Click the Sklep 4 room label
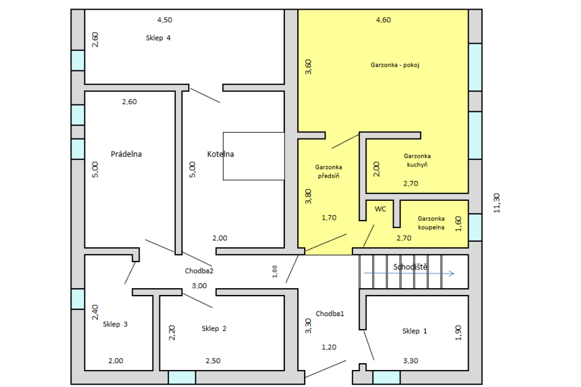[158, 38]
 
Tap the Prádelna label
[126, 154]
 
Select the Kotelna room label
[221, 154]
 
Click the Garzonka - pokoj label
[395, 65]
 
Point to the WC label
[380, 209]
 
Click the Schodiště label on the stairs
[410, 267]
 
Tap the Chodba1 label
[330, 314]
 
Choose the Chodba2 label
[199, 271]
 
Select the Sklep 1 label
[415, 331]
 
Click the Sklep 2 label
[214, 329]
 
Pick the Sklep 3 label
[115, 324]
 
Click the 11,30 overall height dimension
[497, 203]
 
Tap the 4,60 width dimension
[384, 20]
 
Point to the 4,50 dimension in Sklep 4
[165, 20]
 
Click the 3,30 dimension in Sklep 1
[411, 361]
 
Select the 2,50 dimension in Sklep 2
[213, 361]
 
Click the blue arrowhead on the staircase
[452, 274]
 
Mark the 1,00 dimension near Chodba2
[275, 271]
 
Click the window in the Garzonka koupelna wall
[475, 227]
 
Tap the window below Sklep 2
[182, 377]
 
